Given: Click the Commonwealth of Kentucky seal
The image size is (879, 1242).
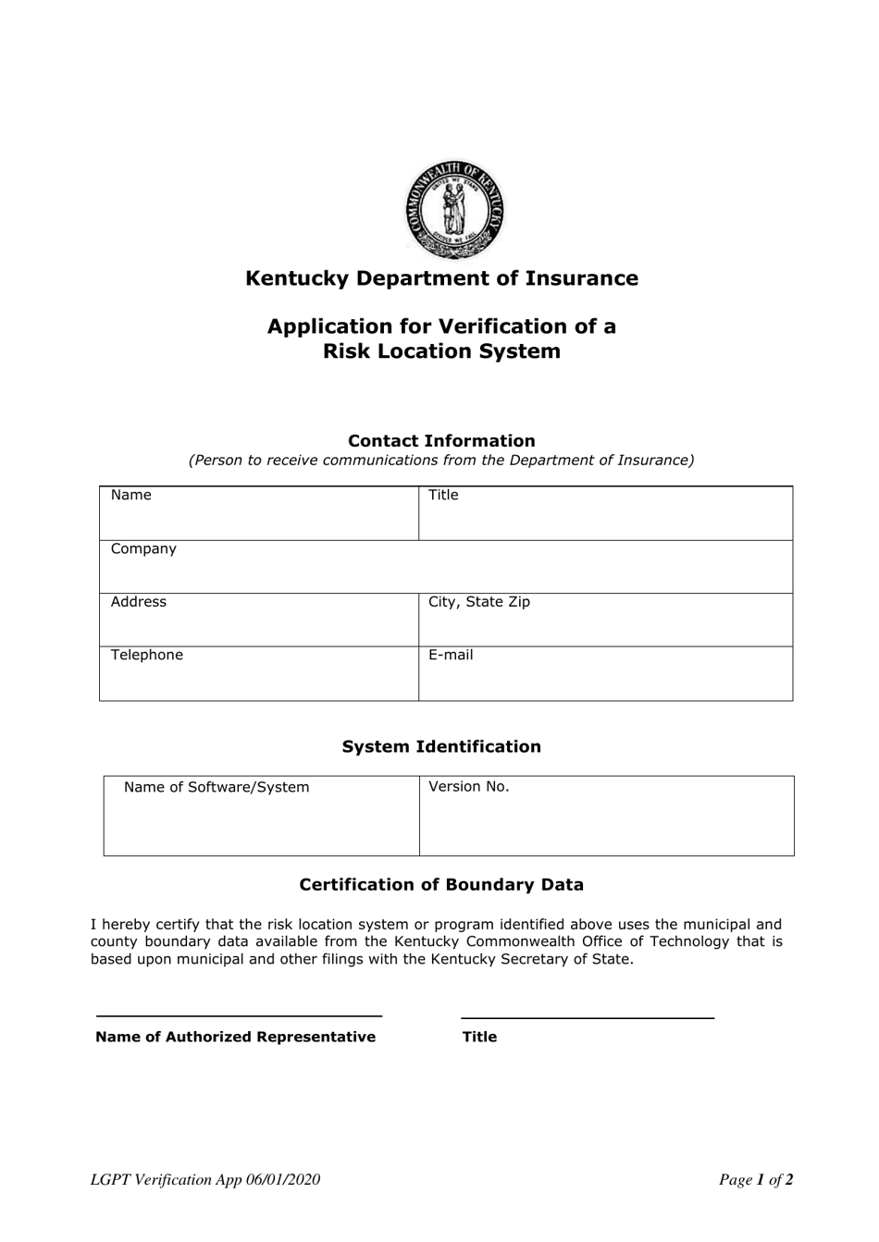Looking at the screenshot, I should [453, 210].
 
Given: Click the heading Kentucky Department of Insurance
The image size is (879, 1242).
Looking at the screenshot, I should [441, 278].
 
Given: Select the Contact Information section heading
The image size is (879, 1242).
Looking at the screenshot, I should [441, 441].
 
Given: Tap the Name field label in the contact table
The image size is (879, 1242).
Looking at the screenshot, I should [130, 495].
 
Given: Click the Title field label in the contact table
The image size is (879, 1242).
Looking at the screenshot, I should [443, 495].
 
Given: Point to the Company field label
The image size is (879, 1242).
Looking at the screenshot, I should [143, 548].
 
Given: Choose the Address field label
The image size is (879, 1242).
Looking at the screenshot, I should [139, 602].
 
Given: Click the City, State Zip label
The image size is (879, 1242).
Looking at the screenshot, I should [479, 602].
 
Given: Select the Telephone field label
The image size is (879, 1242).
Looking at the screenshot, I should [147, 655].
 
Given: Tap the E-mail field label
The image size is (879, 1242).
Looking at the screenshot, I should [451, 655].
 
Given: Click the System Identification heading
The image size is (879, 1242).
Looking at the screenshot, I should [441, 746].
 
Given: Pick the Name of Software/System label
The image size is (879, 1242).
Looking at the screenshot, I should [217, 787].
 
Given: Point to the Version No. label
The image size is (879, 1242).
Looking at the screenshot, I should [469, 787].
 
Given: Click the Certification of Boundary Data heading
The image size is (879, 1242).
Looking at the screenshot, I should [441, 885].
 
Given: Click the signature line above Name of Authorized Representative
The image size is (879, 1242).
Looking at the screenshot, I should [239, 1015].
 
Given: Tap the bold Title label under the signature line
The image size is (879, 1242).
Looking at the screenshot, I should [479, 1037].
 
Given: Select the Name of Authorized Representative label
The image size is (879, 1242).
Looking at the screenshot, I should [235, 1037].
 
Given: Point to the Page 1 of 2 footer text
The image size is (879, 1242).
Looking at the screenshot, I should [756, 1179].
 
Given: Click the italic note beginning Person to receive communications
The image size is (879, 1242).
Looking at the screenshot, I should [441, 461].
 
